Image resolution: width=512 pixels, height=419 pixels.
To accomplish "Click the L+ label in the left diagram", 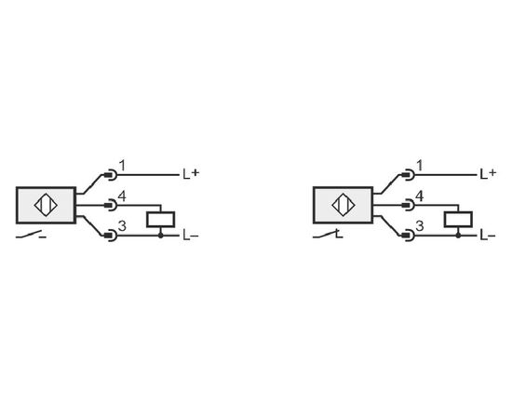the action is click(x=190, y=174).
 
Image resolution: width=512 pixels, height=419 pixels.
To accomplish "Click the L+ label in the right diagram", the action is click(x=488, y=174).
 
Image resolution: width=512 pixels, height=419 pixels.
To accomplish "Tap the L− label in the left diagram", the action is click(x=190, y=236).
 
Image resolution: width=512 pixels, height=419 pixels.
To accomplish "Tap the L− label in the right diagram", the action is click(x=488, y=236).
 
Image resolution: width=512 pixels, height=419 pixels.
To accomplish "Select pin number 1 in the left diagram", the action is click(x=122, y=166).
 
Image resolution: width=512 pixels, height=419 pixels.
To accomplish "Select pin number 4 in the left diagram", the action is click(x=122, y=196).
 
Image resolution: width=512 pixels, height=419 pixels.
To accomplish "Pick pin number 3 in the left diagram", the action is click(x=122, y=226).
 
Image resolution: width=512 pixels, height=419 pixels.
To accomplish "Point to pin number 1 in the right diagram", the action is click(x=420, y=166).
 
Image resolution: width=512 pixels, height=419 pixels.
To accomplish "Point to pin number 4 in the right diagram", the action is click(x=420, y=196).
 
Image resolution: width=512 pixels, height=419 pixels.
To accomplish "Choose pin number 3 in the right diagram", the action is click(x=420, y=226).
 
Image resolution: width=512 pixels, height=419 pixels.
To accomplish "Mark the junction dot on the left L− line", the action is click(x=161, y=236).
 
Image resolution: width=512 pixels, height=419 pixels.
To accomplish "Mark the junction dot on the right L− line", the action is click(x=458, y=236).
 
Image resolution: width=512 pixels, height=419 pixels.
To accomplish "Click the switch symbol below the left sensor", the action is click(x=31, y=235).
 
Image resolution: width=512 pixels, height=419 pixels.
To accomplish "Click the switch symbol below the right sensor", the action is click(x=328, y=235).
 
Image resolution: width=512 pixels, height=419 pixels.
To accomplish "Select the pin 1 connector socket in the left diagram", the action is click(x=111, y=175).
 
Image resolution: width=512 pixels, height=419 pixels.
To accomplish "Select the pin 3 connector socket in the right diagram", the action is click(x=409, y=236).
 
